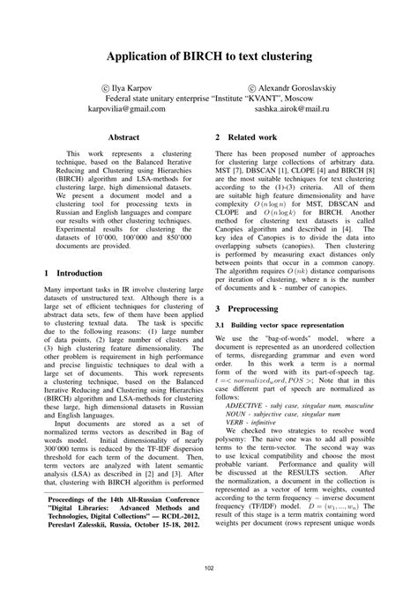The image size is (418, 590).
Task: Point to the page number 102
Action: [209, 568]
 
